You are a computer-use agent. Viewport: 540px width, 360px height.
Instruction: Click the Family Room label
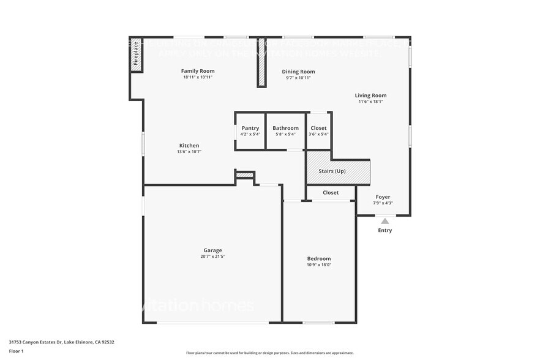(x=198, y=71)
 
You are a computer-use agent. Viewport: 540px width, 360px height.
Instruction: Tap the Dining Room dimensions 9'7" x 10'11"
(x=298, y=78)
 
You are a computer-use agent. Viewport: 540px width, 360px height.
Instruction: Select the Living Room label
(x=370, y=96)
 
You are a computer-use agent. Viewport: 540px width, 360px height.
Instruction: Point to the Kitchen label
(x=189, y=146)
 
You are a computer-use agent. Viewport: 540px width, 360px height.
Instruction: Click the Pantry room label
(x=250, y=128)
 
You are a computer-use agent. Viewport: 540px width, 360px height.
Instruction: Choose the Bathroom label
(x=285, y=128)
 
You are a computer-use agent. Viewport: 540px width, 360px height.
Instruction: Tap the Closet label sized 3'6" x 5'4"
(x=318, y=128)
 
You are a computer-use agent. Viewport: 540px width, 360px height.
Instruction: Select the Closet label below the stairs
(x=331, y=193)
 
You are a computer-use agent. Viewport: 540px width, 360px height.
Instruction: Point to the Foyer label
(x=383, y=197)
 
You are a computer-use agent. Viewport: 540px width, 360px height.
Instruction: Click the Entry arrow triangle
(x=384, y=221)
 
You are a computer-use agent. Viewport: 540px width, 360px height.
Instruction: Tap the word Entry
(x=384, y=231)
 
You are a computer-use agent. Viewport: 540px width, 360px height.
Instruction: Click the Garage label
(x=213, y=250)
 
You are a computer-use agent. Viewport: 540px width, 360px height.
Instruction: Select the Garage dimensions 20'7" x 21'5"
(x=213, y=257)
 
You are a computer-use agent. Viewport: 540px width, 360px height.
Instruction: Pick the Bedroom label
(x=319, y=258)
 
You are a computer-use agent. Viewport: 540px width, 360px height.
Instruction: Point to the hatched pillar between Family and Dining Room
(x=261, y=62)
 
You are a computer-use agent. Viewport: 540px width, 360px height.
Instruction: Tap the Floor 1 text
(x=16, y=351)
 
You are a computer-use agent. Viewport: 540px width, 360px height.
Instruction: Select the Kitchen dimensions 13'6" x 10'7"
(x=189, y=152)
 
